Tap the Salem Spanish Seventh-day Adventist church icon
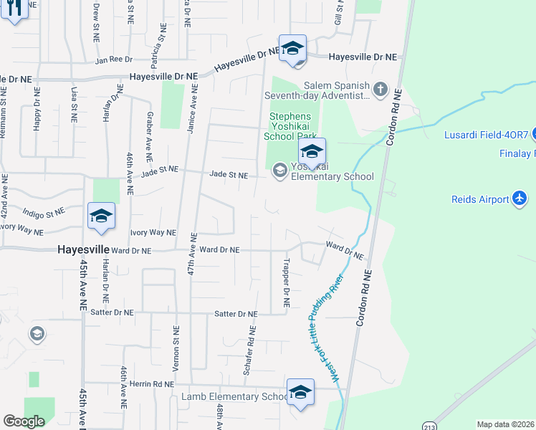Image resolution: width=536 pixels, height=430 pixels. click(380, 90)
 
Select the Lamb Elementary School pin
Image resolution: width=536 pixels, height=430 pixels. click(300, 393)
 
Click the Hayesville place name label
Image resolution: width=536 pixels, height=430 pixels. click(84, 249)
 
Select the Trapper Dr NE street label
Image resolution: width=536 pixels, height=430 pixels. click(286, 283)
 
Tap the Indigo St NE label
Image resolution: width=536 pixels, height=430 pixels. click(43, 213)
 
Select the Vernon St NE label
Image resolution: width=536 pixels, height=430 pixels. click(176, 348)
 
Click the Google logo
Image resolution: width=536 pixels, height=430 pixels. click(24, 421)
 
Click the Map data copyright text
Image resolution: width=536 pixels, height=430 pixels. click(506, 424)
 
